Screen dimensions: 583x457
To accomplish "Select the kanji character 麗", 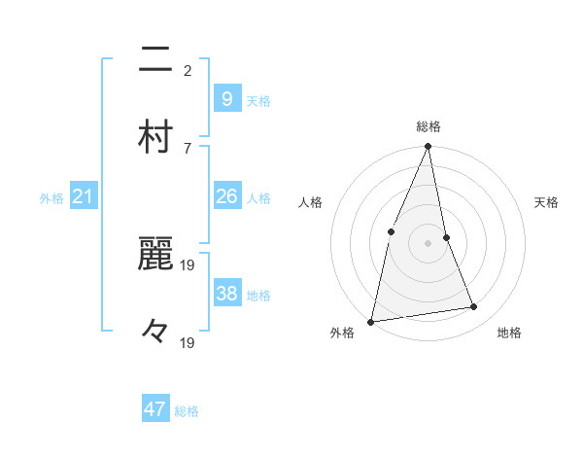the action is [155, 256].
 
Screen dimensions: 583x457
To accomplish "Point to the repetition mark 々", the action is [155, 332].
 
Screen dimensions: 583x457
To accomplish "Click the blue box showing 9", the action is [226, 99].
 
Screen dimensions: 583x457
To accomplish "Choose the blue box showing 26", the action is [226, 197].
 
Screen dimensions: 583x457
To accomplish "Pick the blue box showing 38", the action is [226, 294].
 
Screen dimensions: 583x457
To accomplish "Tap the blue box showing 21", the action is [83, 197].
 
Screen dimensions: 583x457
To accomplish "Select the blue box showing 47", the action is [155, 409].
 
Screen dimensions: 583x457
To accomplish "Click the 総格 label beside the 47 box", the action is [187, 411].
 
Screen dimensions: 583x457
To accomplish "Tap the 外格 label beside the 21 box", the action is [51, 198].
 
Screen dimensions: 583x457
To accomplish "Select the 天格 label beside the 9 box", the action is [258, 100].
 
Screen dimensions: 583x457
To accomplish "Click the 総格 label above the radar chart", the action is [429, 127].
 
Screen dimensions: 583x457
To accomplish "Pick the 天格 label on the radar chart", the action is [546, 202].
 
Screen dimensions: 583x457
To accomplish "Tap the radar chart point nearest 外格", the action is [370, 321].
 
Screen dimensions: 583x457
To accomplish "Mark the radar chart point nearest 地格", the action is [474, 307].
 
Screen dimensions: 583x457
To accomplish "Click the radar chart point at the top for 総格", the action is [428, 147].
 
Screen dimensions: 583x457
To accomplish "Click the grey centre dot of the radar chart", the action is [428, 242].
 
